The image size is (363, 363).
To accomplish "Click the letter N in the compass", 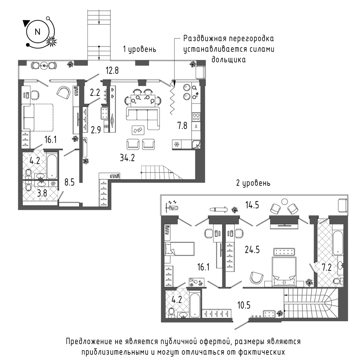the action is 37,32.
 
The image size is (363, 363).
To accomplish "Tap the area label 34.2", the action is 127,158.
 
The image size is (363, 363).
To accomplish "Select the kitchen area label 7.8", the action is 182,126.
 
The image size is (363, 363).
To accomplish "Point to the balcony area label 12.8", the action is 112,70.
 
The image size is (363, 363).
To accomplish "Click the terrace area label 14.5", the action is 252,205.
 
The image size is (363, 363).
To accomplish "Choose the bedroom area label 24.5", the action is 252,250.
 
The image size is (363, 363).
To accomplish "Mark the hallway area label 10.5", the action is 244,305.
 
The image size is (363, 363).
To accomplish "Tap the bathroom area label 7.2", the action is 327,268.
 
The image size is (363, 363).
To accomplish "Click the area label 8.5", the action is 69,183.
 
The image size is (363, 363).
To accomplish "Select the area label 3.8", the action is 42,193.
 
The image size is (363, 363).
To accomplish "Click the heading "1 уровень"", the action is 139,49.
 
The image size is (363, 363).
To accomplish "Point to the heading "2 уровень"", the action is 253,183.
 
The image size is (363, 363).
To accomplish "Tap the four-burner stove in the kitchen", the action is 196,117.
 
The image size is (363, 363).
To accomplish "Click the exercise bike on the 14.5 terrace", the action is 172,205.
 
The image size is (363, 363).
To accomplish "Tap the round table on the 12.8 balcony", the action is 44,66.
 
